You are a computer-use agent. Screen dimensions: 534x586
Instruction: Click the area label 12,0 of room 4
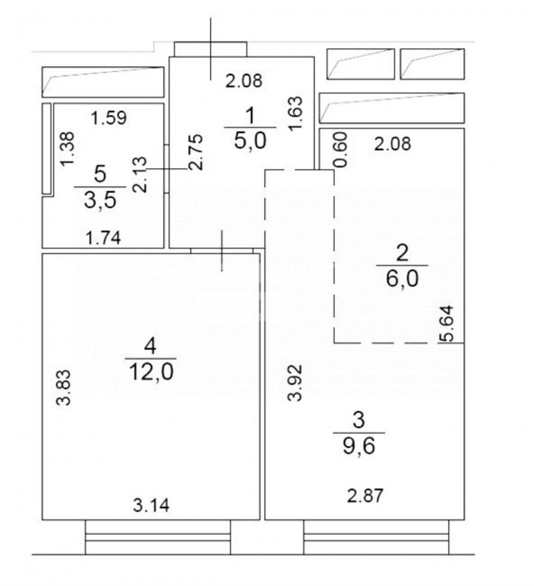[151, 372]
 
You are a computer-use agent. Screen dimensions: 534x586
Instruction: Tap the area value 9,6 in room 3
[359, 446]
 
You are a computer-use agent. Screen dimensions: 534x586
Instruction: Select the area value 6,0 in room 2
[402, 278]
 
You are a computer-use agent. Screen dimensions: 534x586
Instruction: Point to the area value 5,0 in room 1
[250, 141]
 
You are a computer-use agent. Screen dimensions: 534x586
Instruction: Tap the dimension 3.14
[151, 506]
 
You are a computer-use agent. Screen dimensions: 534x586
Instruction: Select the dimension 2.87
[365, 496]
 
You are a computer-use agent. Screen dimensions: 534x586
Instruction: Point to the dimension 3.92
[295, 383]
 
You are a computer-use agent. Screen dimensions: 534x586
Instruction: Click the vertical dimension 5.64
[446, 323]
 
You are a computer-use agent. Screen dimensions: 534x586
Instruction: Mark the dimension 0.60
[341, 149]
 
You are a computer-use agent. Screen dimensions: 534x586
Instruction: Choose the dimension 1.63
[295, 114]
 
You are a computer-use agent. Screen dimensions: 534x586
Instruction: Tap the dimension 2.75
[196, 152]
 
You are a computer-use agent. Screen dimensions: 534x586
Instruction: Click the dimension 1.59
[109, 118]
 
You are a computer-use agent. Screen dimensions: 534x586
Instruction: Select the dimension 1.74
[103, 238]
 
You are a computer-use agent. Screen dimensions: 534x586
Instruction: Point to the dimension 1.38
[68, 149]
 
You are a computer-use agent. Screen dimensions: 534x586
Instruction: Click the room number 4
[150, 347]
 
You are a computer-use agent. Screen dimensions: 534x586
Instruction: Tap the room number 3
[358, 420]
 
